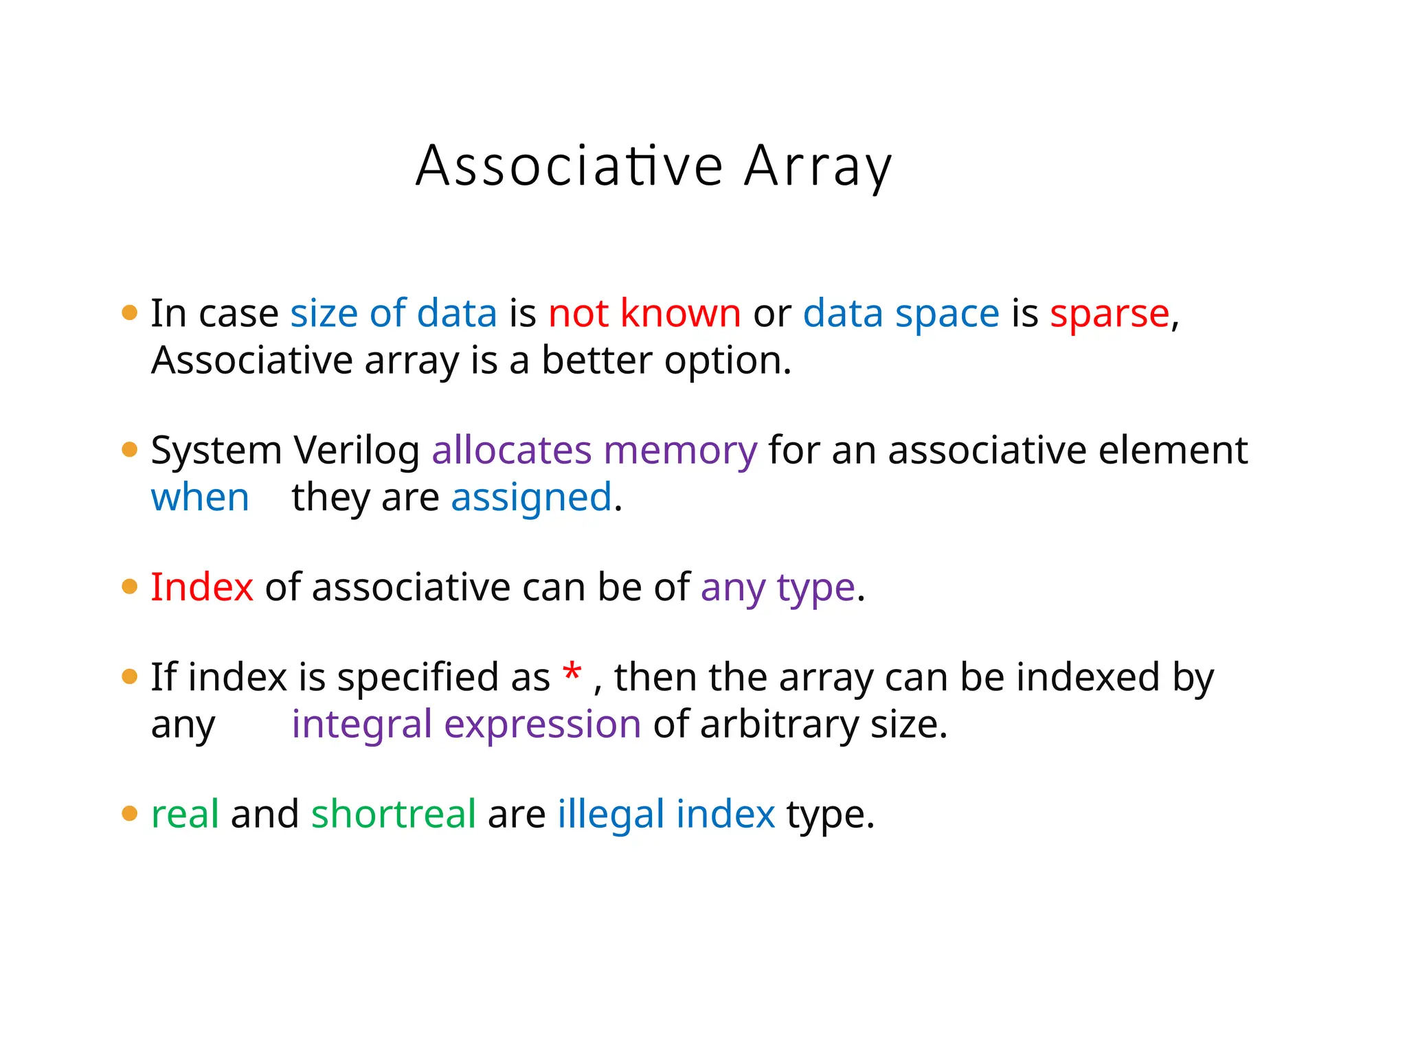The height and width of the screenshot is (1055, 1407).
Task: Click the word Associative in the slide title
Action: [x=570, y=167]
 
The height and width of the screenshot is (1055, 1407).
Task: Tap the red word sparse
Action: [x=1109, y=314]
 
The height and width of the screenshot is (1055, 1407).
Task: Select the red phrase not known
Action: [x=644, y=314]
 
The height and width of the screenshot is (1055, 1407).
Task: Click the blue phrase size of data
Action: [x=393, y=314]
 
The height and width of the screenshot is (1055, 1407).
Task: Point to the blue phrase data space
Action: [x=901, y=314]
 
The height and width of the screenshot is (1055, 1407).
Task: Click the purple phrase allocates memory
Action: [x=594, y=451]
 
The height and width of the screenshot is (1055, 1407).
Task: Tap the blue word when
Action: [x=200, y=498]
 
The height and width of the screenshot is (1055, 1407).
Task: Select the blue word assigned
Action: [x=531, y=498]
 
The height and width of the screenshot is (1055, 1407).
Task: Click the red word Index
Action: [x=202, y=588]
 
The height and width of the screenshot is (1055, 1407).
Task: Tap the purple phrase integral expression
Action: [x=466, y=725]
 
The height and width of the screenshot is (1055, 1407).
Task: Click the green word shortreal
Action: [x=393, y=814]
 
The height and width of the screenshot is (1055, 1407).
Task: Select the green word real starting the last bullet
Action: [x=185, y=814]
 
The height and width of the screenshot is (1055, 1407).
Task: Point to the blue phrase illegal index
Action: [x=666, y=815]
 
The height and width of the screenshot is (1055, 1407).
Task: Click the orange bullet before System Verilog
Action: [x=129, y=450]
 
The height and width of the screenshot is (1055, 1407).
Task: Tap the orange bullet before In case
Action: [x=129, y=313]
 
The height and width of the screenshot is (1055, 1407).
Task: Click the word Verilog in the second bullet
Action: [x=357, y=451]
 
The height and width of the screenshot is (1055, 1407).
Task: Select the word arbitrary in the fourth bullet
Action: [x=779, y=725]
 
